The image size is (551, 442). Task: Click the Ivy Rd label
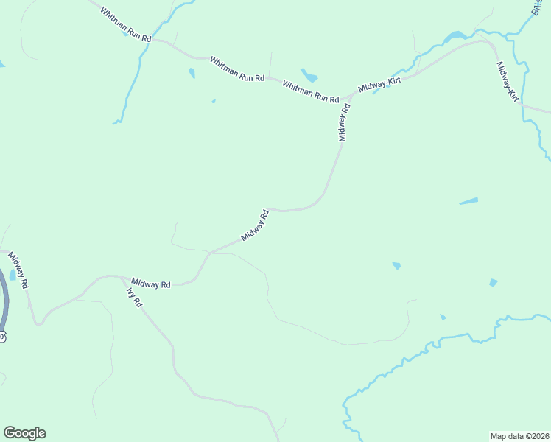134,297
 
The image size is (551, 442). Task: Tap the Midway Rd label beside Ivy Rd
151,283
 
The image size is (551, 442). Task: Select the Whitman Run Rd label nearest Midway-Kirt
310,92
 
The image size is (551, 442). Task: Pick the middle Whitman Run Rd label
236,69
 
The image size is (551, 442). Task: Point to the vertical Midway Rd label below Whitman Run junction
344,122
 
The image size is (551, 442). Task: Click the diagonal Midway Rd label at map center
256,225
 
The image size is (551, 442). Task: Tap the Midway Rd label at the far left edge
18,270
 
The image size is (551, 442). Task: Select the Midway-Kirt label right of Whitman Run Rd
379,83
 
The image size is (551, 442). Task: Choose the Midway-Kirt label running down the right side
508,81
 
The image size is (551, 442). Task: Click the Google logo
24,433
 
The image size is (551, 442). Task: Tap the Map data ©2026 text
519,435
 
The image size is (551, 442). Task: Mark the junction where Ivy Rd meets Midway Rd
122,278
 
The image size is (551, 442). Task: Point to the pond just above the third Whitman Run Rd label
309,75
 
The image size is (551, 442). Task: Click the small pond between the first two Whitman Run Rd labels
192,73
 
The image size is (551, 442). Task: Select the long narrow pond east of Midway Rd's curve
468,200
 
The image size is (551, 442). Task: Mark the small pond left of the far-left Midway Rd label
13,276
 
